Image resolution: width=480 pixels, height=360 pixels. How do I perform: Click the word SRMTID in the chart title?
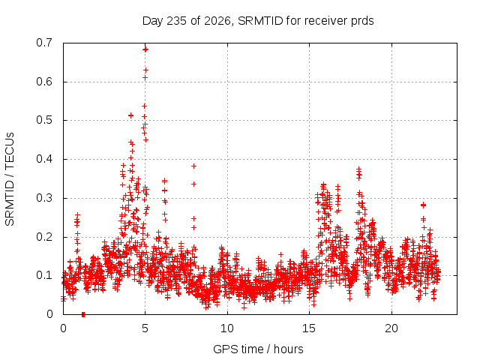pos(260,21)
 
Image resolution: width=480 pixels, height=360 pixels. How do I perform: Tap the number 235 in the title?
pos(176,21)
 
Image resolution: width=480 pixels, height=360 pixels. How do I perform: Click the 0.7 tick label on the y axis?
pos(44,43)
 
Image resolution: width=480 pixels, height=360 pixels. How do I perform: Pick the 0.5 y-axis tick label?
pos(44,120)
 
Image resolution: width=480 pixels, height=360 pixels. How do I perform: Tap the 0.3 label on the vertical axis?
pos(44,198)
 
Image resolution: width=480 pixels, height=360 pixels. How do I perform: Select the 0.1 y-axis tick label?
pos(44,275)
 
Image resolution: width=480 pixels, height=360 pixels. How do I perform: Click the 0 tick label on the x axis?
pos(63,328)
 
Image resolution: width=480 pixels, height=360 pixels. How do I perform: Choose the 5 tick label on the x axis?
pos(145,328)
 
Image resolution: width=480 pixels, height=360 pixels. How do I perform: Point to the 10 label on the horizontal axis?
pos(227,328)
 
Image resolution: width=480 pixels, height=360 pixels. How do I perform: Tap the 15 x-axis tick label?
pos(309,328)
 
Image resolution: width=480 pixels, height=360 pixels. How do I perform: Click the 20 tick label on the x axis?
pos(391,328)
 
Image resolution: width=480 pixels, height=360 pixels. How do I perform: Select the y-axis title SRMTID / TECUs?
pos(10,179)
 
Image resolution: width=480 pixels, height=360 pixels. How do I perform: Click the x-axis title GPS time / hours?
pos(258,349)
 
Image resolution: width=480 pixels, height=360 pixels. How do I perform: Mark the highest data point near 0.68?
pos(145,49)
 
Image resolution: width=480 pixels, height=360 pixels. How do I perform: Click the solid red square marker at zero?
pos(83,314)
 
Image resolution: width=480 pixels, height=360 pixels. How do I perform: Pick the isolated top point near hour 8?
pos(193,166)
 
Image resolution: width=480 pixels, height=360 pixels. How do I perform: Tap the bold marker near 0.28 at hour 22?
pos(423,205)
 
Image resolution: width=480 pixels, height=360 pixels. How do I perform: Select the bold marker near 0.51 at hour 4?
pos(130,115)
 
